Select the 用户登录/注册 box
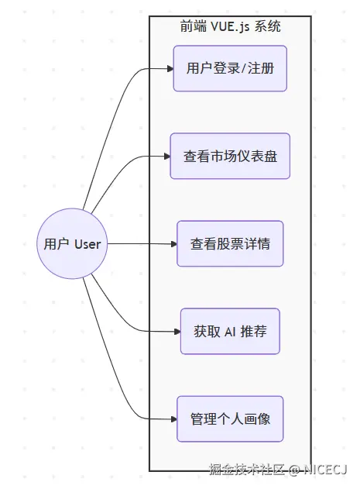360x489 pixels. [x=230, y=68]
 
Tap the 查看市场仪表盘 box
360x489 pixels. [x=230, y=156]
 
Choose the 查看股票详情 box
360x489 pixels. [x=230, y=243]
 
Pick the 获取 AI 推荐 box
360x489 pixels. [x=230, y=331]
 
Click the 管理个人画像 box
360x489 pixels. [x=230, y=418]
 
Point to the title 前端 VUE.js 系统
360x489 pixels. [x=230, y=27]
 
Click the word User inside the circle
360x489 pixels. [x=87, y=243]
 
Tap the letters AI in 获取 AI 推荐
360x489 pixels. [x=230, y=331]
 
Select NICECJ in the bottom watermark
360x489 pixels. [x=325, y=470]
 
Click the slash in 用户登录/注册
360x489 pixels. [x=245, y=68]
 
